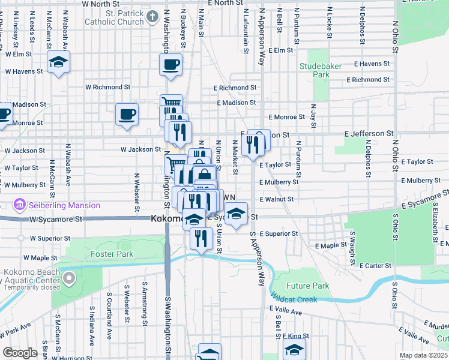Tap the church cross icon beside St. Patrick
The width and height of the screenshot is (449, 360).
pyautogui.click(x=153, y=16)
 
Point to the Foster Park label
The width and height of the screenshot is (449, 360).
pyautogui.click(x=112, y=254)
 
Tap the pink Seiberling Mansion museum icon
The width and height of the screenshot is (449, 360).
pyautogui.click(x=20, y=205)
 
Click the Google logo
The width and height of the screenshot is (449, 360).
pyautogui.click(x=20, y=353)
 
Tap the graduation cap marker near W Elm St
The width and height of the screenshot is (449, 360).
pyautogui.click(x=59, y=62)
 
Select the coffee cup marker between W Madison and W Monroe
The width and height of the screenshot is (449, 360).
pyautogui.click(x=127, y=113)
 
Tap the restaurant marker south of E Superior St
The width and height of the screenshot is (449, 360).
pyautogui.click(x=201, y=238)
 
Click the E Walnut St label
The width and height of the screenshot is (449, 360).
pyautogui.click(x=277, y=199)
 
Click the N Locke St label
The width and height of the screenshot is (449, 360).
pyautogui.click(x=330, y=23)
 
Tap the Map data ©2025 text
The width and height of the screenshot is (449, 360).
pyautogui.click(x=423, y=355)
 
